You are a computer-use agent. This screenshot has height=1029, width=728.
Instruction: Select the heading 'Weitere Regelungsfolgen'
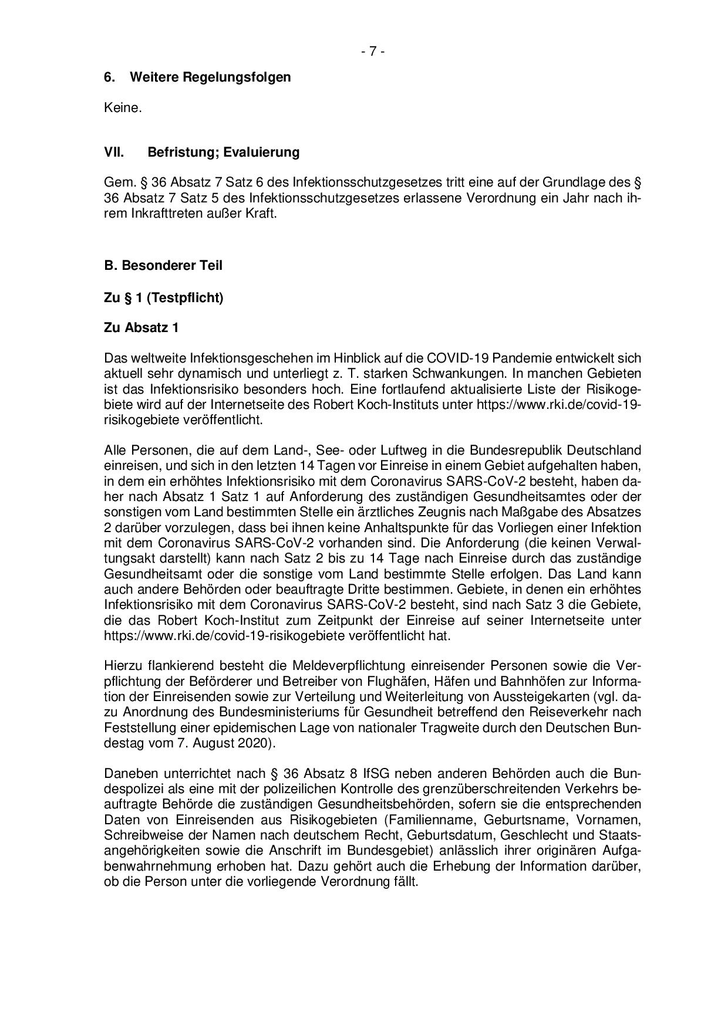click(210, 77)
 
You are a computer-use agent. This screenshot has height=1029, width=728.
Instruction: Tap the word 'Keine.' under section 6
click(123, 108)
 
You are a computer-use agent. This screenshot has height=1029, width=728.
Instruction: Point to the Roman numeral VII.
click(113, 153)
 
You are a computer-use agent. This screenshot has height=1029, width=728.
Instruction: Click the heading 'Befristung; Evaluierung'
click(223, 153)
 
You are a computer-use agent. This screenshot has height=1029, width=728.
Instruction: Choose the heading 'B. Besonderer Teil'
click(163, 265)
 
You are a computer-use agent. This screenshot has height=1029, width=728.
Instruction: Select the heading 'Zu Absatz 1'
click(141, 327)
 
